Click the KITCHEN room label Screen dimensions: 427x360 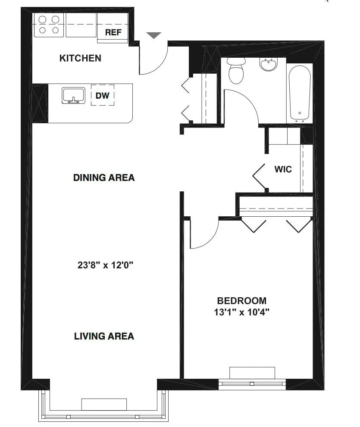80,58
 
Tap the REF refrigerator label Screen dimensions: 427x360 113,33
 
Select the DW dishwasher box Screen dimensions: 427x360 102,96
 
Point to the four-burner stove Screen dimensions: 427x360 49,25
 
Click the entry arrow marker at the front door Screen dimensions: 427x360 154,35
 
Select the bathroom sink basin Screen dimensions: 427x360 269,65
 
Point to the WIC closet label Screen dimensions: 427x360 283,169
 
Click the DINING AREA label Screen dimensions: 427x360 104,178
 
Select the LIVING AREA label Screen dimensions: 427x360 104,336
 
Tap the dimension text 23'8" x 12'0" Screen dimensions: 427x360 103,265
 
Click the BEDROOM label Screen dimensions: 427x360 241,301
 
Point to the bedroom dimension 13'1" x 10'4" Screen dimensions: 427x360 241,312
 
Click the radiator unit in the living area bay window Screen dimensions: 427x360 104,404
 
